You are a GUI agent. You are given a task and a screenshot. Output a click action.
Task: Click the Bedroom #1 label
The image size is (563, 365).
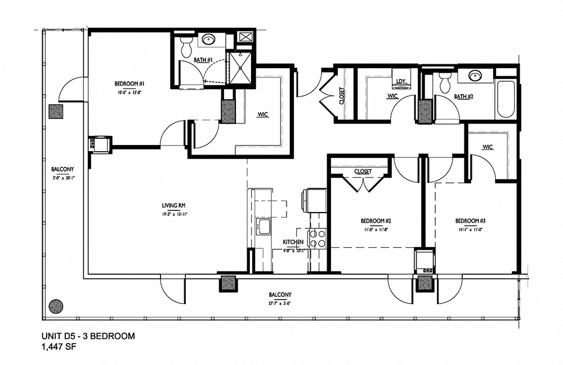(x=129, y=83)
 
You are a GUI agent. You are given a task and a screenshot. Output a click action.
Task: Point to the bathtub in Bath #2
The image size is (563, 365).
(x=506, y=99)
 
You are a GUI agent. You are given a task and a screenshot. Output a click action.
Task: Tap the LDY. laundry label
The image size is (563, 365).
(x=401, y=82)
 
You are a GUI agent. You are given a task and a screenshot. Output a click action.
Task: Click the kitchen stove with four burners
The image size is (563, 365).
(x=318, y=238)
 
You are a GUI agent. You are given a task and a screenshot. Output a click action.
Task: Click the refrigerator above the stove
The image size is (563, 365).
(x=316, y=201)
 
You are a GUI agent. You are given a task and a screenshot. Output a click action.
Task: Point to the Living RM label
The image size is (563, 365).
(x=174, y=205)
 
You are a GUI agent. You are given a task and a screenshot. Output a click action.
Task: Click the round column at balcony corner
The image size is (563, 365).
(x=55, y=306)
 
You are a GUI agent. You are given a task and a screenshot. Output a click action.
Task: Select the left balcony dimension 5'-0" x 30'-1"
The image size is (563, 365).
(x=62, y=177)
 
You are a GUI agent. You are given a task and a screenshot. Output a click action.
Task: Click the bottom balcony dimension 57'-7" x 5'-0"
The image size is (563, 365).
(x=279, y=303)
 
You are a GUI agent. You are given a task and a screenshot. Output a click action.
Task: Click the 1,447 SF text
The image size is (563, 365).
(x=59, y=348)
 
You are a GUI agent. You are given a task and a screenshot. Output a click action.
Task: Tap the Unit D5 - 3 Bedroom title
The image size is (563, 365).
(x=88, y=336)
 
